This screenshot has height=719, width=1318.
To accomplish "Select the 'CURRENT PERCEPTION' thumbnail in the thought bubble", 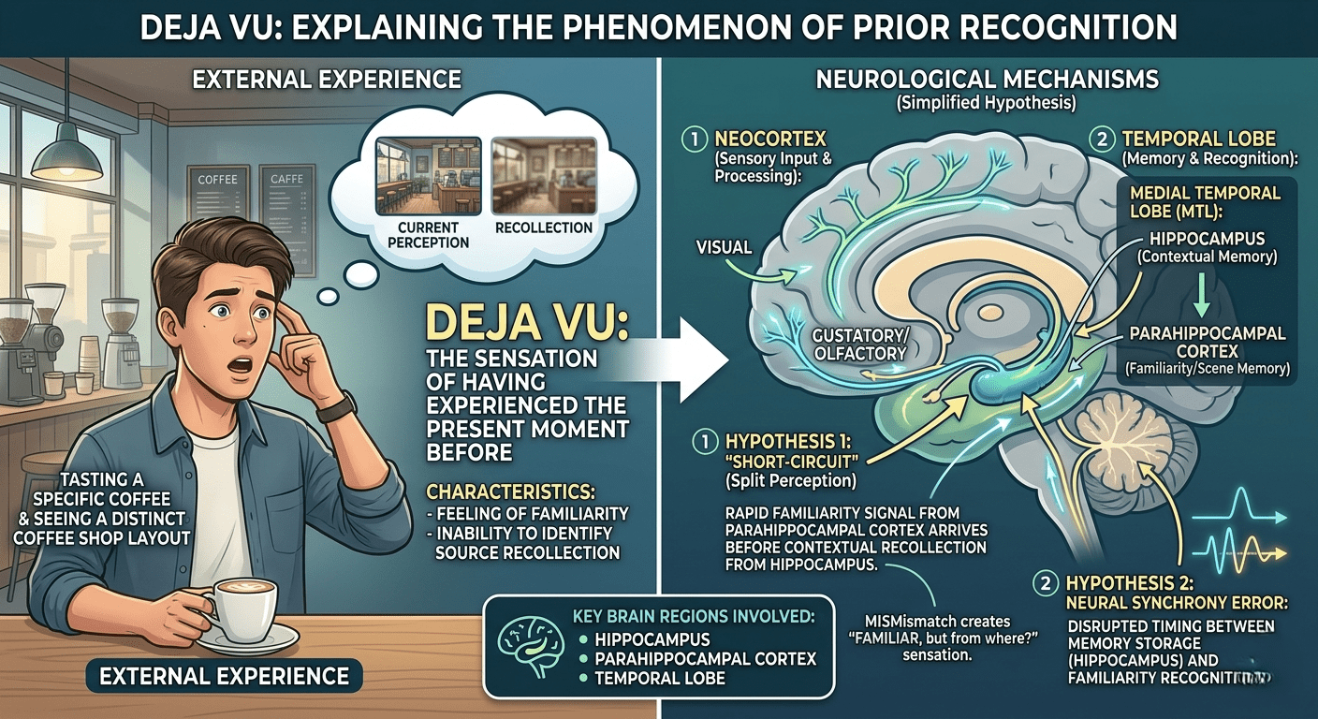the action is pos(429,176).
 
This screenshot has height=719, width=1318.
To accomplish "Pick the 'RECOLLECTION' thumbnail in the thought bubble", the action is pos(544,176).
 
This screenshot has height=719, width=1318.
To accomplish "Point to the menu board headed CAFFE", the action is pos(287,219).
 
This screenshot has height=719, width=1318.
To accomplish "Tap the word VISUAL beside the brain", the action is pos(724,247).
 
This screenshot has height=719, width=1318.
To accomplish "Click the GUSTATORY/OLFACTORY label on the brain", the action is pos(859,345).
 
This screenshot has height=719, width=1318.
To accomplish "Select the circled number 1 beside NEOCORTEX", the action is pos(695,139).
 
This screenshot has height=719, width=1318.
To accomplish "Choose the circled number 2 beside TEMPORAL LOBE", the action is pos(1102,139).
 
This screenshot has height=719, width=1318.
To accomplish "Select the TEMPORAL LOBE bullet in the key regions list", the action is pos(653,679).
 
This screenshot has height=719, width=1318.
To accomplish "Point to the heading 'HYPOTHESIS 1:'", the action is pos(788,441).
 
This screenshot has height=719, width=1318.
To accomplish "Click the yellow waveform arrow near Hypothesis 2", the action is pos(1239,553).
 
